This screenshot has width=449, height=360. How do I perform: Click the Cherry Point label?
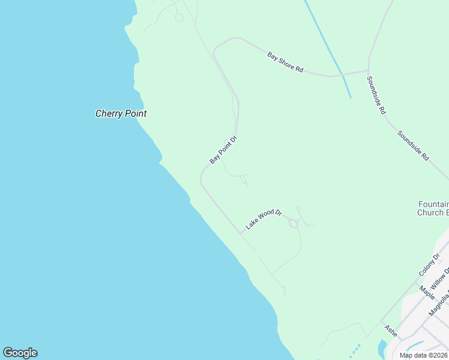[x=121, y=113]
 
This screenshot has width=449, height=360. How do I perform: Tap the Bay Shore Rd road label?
[x=285, y=62]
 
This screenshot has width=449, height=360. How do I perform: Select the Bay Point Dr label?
[x=224, y=150]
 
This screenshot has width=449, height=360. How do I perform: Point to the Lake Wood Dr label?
[x=264, y=220]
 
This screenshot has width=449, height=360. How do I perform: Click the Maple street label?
[x=427, y=293]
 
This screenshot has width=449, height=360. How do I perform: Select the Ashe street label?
[x=391, y=331]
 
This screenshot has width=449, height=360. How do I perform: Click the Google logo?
[x=20, y=353]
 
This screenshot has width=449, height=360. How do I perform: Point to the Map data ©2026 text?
[x=424, y=355]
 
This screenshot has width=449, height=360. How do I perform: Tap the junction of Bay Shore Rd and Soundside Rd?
[x=368, y=71]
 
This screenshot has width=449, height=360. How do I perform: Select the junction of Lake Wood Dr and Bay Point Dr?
[x=240, y=233]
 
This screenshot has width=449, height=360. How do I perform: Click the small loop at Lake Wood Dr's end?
[x=294, y=224]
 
